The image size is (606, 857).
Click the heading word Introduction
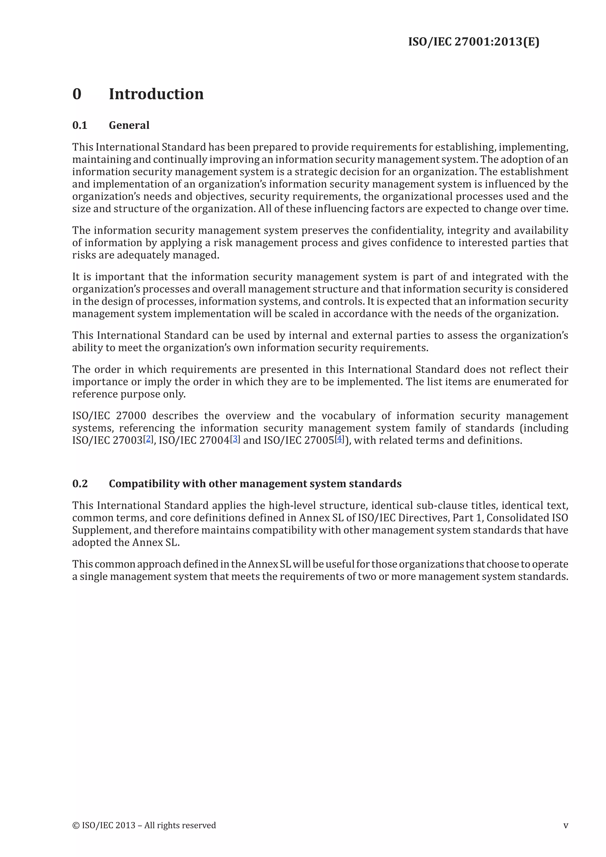pos(156,94)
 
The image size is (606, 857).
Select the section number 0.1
pos(80,125)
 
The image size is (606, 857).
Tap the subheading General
pos(129,125)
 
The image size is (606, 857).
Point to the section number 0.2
pos(80,484)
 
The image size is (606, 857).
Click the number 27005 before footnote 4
pos(319,440)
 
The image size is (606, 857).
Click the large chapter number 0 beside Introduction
pos(77,94)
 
